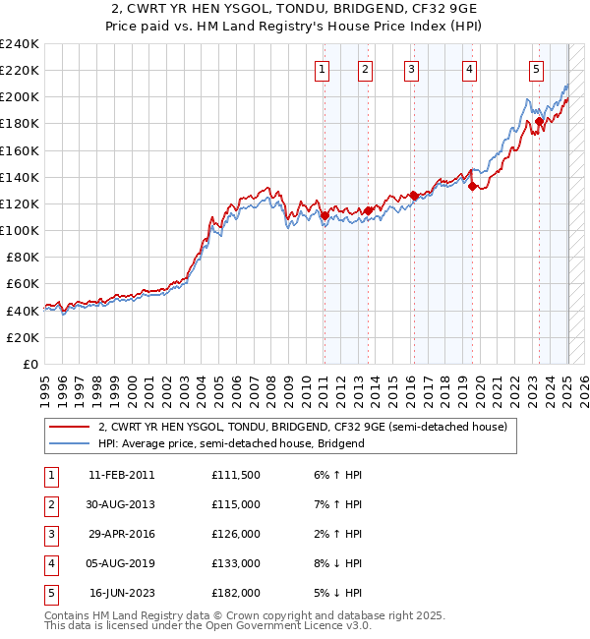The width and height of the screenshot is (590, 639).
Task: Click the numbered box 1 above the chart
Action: tap(323, 69)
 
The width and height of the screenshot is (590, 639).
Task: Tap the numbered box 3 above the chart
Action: tap(411, 69)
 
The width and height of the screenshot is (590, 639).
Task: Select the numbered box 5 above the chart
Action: tap(536, 69)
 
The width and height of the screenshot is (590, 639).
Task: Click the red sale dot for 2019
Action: tap(472, 186)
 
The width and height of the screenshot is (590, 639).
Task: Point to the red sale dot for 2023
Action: tap(539, 121)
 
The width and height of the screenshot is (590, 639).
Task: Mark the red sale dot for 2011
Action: tap(324, 214)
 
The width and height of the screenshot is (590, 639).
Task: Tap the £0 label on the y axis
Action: tap(29, 364)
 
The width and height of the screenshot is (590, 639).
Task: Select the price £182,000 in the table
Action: tap(236, 593)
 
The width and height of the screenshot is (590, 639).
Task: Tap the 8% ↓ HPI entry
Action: tap(337, 563)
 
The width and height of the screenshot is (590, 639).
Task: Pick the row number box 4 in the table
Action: tap(50, 563)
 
